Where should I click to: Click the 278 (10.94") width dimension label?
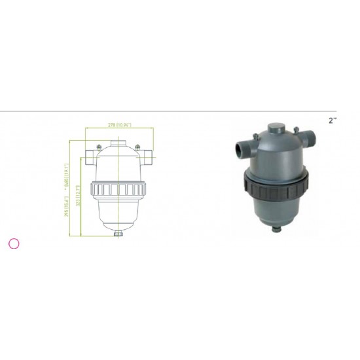coord(118,124)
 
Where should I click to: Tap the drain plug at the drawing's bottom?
coord(118,233)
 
